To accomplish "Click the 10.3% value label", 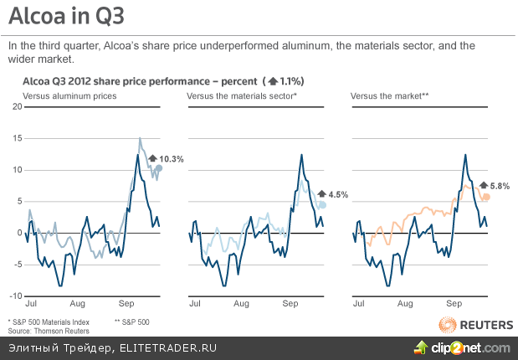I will tap(171, 158).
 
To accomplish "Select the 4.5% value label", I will tap(337, 194).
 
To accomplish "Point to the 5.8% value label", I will tap(500, 186).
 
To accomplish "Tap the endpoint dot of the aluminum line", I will tap(159, 168).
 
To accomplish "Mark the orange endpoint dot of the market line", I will tap(486, 197).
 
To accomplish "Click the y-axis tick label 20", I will tap(16, 106).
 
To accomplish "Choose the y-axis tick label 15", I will tap(16, 138).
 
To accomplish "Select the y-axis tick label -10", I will tap(14, 296).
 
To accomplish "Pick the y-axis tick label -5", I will tap(16, 265).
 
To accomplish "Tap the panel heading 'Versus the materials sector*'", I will tap(242, 97).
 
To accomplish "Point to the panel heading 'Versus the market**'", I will tap(389, 97).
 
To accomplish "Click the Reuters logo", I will tap(472, 324).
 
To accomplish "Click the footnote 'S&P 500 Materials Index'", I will tap(49, 321).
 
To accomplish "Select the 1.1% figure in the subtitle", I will tap(290, 81).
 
